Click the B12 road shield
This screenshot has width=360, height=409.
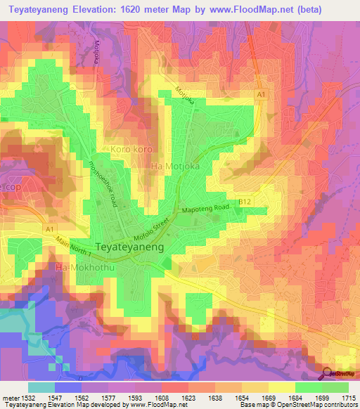pos(245,202)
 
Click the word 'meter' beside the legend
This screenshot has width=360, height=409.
pos(10,398)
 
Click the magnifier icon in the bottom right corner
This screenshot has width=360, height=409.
pos(328,373)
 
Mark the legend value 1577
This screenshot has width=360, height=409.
pos(111,398)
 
